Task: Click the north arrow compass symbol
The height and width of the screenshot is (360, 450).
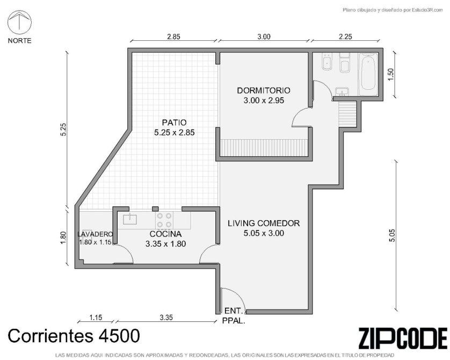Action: click(x=19, y=21)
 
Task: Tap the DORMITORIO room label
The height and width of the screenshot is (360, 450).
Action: click(x=264, y=90)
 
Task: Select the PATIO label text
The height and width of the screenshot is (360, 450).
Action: click(x=174, y=123)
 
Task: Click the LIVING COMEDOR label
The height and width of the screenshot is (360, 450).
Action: click(x=264, y=223)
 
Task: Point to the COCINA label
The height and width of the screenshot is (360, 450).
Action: click(x=165, y=234)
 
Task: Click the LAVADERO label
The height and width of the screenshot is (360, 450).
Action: click(x=95, y=234)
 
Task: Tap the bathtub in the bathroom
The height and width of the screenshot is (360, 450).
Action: click(x=368, y=74)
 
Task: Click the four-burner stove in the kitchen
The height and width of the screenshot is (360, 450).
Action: click(x=164, y=220)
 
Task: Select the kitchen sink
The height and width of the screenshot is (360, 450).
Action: click(x=130, y=219)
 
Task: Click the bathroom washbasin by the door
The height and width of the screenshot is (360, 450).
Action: click(x=342, y=91)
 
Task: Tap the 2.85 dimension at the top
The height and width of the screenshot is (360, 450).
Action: click(x=173, y=37)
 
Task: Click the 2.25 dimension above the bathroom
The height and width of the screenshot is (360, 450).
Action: click(x=345, y=37)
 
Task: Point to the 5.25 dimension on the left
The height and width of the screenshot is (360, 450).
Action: click(x=63, y=129)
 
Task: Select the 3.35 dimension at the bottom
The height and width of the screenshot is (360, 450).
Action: click(x=166, y=318)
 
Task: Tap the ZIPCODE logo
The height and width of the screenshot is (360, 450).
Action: click(x=403, y=338)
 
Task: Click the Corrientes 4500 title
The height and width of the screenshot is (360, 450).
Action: click(x=74, y=336)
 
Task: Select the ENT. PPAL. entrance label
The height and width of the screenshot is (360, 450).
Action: click(x=234, y=316)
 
